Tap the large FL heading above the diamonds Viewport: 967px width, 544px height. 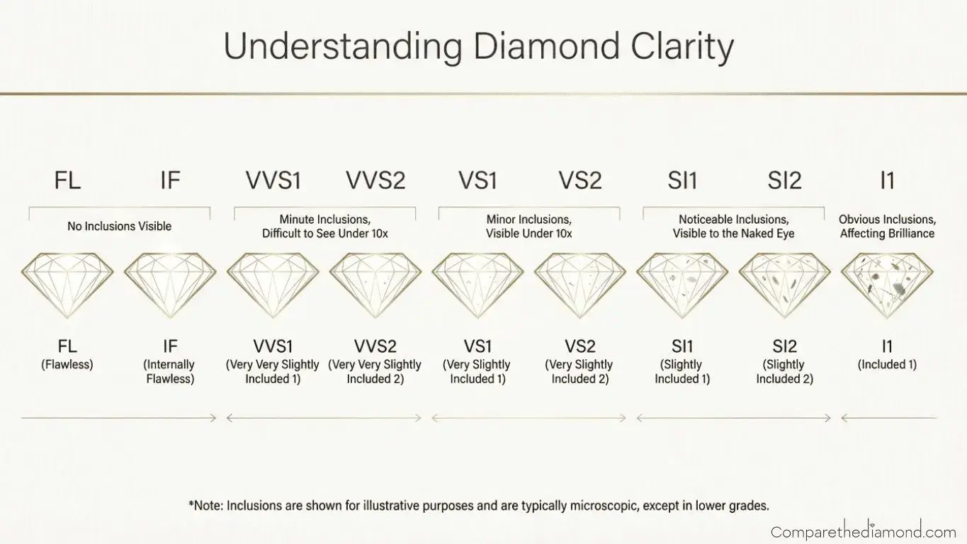[x=68, y=181]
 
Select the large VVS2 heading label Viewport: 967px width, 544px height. [x=375, y=181]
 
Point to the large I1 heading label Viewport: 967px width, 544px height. [x=887, y=181]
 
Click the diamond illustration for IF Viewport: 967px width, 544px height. [x=170, y=285]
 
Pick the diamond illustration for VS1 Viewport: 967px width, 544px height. [x=477, y=285]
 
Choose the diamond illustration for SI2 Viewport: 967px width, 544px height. [x=784, y=285]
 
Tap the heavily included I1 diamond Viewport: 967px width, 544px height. [x=887, y=285]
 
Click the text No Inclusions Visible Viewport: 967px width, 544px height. [x=119, y=227]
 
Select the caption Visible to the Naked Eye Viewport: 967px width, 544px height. [x=733, y=233]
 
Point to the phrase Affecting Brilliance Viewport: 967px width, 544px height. [x=887, y=233]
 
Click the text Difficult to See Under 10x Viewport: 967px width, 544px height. [x=325, y=233]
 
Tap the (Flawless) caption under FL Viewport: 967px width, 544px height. [x=68, y=365]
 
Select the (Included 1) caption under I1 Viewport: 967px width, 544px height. [x=887, y=365]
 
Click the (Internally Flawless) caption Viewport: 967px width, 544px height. [x=170, y=372]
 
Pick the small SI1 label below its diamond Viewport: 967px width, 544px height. [x=682, y=347]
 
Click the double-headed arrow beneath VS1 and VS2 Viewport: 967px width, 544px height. [x=528, y=419]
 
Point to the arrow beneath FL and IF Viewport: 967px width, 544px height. [x=119, y=419]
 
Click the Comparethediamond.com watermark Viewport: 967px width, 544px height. [x=863, y=531]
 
